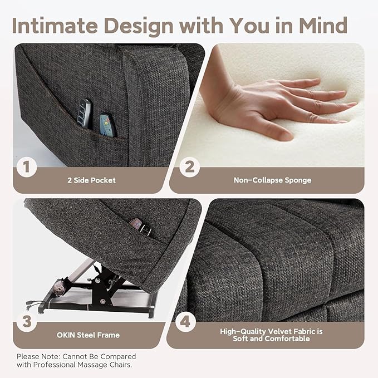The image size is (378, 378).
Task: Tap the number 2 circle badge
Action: tap(190, 166)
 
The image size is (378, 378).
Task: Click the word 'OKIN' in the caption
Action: tap(68, 335)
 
